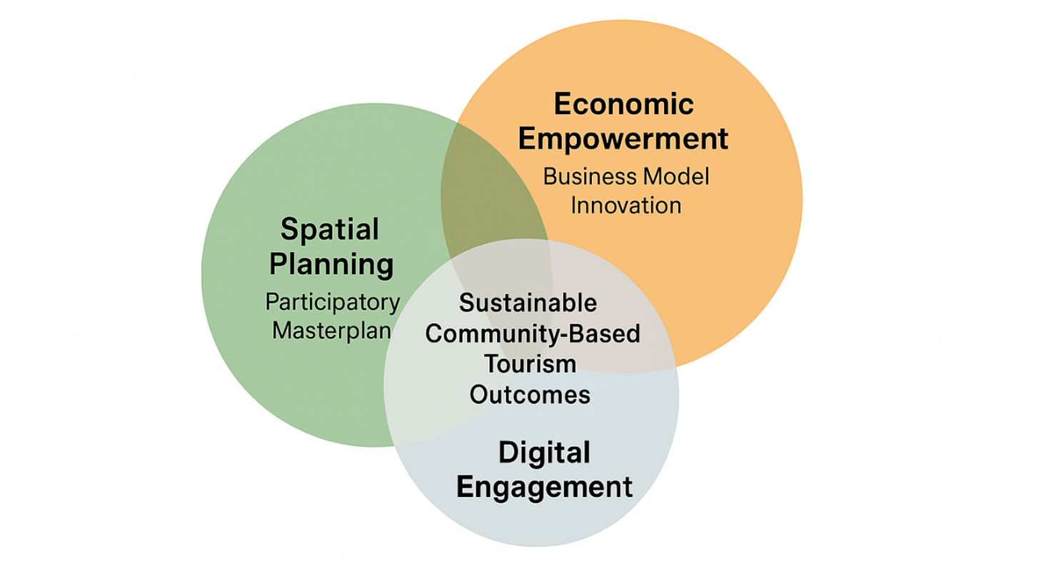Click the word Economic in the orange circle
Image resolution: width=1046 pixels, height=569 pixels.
pyautogui.click(x=623, y=105)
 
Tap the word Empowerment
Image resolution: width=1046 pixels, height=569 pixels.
pyautogui.click(x=623, y=139)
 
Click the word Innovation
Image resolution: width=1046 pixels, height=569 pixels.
pyautogui.click(x=626, y=206)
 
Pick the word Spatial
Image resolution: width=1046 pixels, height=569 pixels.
pyautogui.click(x=329, y=231)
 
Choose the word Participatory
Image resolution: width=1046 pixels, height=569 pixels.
pyautogui.click(x=332, y=302)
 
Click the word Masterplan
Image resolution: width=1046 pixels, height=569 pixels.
pyautogui.click(x=332, y=331)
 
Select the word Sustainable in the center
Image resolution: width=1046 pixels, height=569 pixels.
pyautogui.click(x=528, y=303)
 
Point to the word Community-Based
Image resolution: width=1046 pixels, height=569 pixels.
pyautogui.click(x=533, y=333)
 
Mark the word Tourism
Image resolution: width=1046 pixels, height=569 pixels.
pyautogui.click(x=530, y=363)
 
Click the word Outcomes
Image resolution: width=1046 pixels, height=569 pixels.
pyautogui.click(x=530, y=394)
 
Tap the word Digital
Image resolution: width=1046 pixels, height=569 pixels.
pyautogui.click(x=544, y=453)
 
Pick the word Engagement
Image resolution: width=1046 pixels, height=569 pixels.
pyautogui.click(x=544, y=488)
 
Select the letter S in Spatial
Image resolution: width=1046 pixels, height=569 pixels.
pyautogui.click(x=288, y=231)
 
